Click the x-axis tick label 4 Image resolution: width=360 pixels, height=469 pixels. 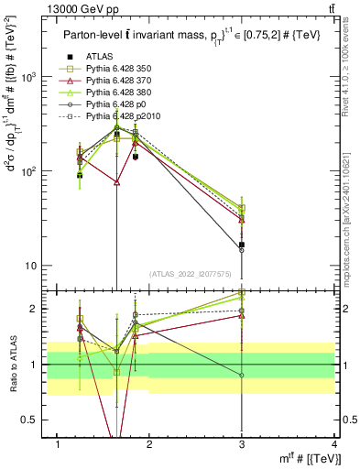pos(334,444)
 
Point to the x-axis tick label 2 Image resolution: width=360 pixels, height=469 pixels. pos(150,444)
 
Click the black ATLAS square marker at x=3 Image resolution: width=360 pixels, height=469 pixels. pos(242,245)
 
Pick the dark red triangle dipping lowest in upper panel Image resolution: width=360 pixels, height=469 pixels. pos(116,182)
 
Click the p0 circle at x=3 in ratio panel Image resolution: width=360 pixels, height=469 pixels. pos(242,376)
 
